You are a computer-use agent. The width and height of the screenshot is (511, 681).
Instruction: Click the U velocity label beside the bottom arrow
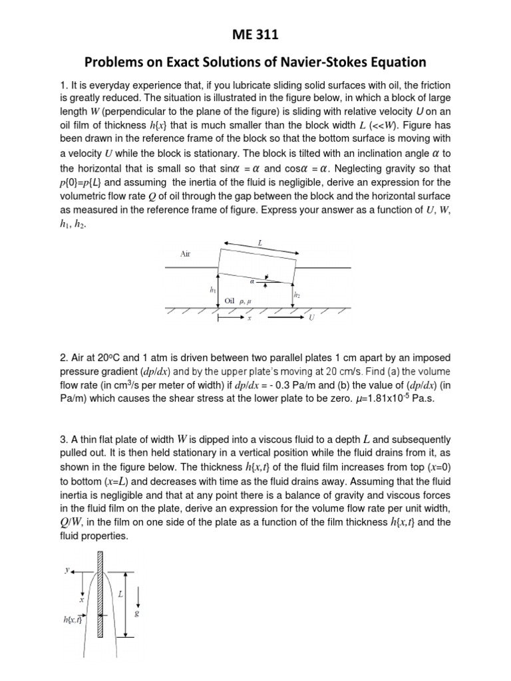[x=311, y=319]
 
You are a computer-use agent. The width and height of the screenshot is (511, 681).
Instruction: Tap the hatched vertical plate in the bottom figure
[x=100, y=592]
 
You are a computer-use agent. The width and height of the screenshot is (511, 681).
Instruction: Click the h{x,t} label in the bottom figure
[x=70, y=620]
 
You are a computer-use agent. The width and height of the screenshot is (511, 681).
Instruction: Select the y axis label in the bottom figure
[x=67, y=569]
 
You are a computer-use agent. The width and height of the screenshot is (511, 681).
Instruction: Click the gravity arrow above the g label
[x=136, y=595]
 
